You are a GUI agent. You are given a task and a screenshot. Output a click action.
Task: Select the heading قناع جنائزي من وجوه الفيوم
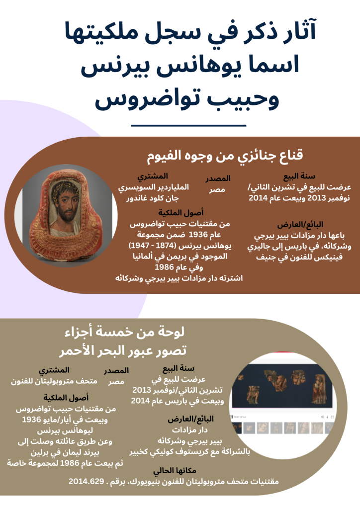coord(226,155)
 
